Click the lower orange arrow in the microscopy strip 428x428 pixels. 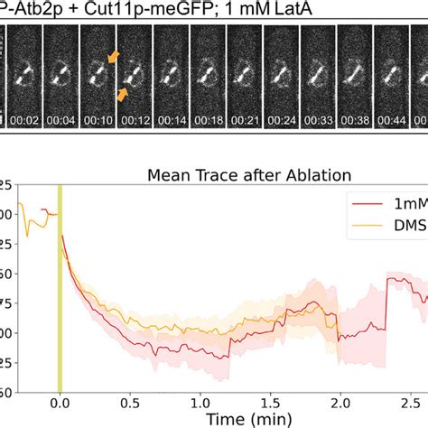[x=123, y=93]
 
